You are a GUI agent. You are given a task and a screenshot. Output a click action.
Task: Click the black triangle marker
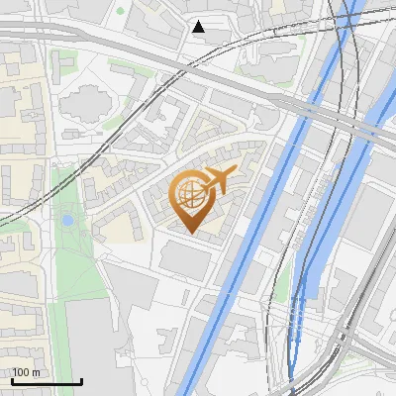(199, 27)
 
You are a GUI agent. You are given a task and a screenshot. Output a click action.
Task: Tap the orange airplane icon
(219, 180)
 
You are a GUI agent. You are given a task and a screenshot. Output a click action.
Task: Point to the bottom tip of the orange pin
(189, 233)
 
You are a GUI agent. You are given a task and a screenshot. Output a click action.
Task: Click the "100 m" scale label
(26, 372)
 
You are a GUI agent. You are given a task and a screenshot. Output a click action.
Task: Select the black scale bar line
(46, 381)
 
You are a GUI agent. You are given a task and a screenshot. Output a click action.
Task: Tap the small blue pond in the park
(67, 220)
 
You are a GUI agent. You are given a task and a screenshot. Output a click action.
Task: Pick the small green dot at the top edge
(121, 11)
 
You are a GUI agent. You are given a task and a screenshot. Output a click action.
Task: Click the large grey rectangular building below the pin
(186, 259)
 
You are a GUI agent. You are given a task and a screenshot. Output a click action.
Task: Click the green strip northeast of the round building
(126, 67)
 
